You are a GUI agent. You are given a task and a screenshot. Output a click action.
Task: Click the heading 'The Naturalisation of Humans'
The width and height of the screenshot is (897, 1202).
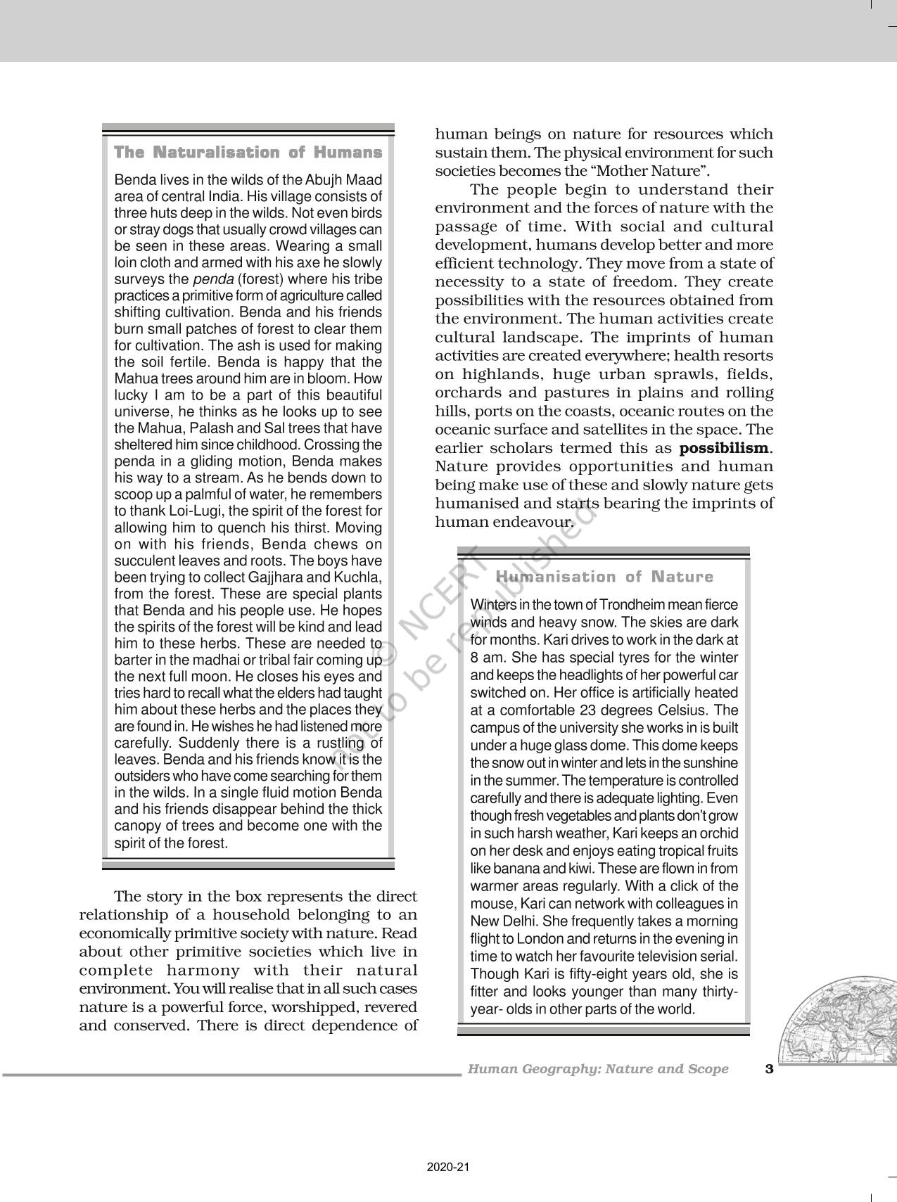[x=248, y=153]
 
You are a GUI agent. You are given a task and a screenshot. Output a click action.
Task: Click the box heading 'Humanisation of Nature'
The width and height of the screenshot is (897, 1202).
[x=604, y=577]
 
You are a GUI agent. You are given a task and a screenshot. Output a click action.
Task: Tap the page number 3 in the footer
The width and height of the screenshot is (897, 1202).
[x=769, y=1069]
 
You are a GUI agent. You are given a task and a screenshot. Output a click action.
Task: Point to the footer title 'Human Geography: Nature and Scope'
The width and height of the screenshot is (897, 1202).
[x=598, y=1069]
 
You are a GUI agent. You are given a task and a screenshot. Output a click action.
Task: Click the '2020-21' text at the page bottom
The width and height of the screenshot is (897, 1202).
[x=448, y=1168]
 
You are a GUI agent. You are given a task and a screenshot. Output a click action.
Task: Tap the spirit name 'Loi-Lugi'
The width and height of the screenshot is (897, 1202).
[x=195, y=511]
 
